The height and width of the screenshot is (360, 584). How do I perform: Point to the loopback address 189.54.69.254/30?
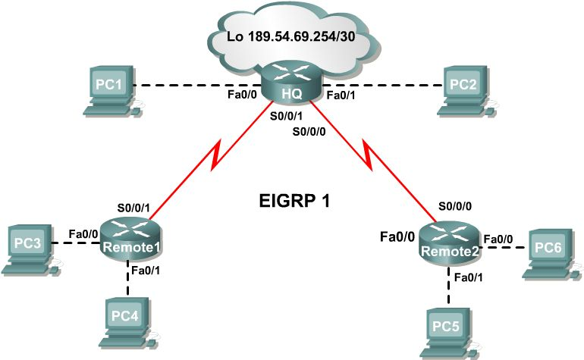[292, 36]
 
